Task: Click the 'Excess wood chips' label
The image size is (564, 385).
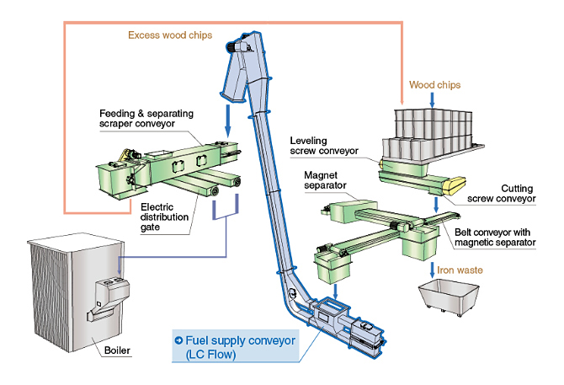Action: click(170, 35)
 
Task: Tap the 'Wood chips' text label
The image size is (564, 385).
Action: click(434, 85)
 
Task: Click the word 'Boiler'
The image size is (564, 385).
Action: click(116, 350)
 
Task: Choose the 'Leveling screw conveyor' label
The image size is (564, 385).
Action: click(323, 145)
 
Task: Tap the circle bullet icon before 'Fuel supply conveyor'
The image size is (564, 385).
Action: click(178, 340)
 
